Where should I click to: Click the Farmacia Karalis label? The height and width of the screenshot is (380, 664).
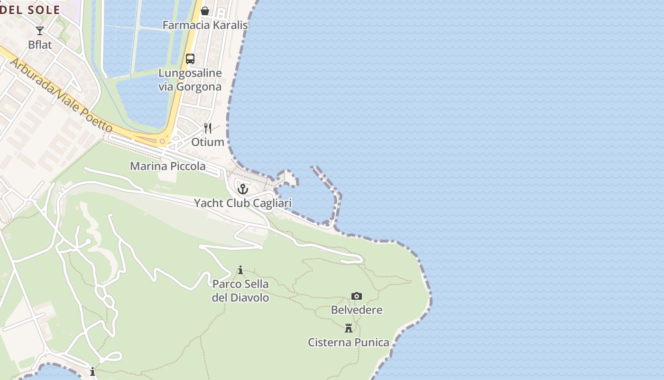point(205,25)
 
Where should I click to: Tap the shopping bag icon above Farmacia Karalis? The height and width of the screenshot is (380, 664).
point(205,11)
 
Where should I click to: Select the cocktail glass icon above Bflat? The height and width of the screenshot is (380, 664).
point(40,31)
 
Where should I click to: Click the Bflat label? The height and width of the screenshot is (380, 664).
point(40,45)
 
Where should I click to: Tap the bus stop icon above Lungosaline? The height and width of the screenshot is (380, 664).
point(190,59)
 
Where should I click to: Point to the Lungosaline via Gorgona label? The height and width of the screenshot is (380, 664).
point(190,80)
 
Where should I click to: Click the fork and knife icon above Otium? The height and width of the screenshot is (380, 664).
point(208,128)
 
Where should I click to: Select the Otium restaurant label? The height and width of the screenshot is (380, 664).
point(208,142)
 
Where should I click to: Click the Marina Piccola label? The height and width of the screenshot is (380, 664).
point(168,166)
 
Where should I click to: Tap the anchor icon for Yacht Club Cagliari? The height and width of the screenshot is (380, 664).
point(243,189)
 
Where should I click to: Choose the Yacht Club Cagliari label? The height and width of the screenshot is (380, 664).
point(243,203)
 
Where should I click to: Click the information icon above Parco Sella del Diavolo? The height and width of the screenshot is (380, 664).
point(240,270)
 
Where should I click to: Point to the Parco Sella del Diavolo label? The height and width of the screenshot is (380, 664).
point(240,291)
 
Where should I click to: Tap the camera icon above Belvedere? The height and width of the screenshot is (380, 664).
point(357,296)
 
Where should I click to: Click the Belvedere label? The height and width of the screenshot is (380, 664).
point(357,310)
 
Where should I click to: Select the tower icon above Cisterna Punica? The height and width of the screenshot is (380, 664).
point(349,328)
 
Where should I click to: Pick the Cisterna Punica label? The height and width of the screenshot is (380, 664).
point(349,342)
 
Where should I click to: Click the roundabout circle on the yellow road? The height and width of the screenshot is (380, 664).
point(162,141)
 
